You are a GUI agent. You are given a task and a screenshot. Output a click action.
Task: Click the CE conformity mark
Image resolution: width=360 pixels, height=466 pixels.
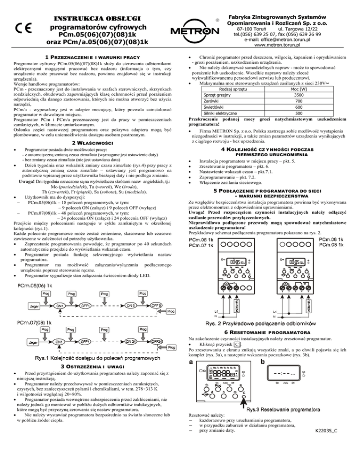[22, 28]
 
